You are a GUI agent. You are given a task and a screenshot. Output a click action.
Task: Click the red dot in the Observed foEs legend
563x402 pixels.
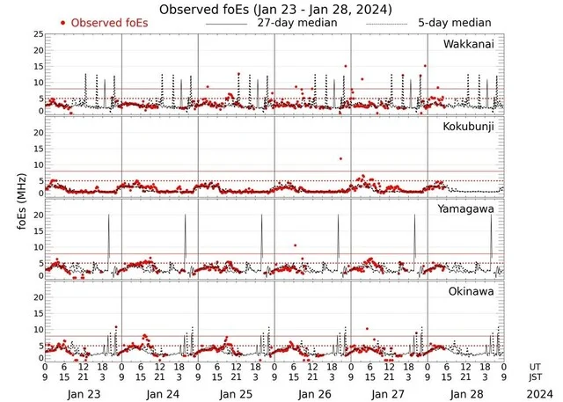pos(62,22)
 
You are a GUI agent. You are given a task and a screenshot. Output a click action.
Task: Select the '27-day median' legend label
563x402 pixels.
pos(300,22)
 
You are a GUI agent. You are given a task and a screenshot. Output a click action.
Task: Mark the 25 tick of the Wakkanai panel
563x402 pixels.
pos(38,34)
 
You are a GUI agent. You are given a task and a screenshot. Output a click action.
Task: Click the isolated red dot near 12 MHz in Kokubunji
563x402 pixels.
pos(340,158)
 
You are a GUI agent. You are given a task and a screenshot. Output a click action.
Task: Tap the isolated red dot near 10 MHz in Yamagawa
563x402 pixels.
pos(295,245)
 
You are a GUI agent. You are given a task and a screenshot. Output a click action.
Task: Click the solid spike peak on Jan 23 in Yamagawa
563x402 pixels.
pos(108,216)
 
